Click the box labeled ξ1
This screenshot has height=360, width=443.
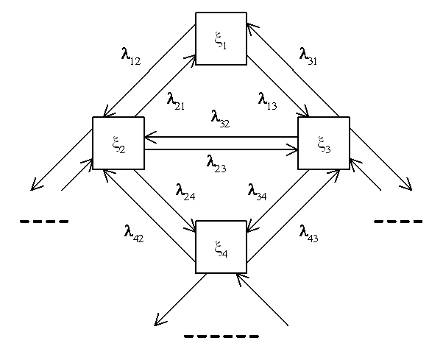click(221, 38)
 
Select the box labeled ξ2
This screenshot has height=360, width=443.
click(118, 143)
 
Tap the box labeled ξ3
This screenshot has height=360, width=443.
click(324, 143)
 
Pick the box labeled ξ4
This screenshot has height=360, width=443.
click(221, 247)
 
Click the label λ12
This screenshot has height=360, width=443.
click(131, 57)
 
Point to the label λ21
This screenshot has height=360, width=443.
click(176, 101)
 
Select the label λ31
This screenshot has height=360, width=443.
click(308, 57)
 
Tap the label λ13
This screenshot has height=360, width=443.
click(268, 101)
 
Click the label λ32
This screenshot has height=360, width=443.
click(220, 119)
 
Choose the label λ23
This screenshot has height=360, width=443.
click(216, 163)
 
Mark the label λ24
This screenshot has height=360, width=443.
click(185, 192)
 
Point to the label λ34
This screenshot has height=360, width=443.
click(257, 192)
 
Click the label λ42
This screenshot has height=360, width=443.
click(134, 234)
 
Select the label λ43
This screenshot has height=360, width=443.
click(309, 234)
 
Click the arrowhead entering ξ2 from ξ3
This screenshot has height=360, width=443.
click(150, 138)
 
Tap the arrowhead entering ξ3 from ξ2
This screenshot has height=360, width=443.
click(292, 149)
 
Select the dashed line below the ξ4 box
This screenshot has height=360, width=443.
click(221, 336)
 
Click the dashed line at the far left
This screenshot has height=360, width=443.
click(44, 222)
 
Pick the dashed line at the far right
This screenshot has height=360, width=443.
click(398, 222)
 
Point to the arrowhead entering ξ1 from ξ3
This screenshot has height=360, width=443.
click(252, 28)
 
